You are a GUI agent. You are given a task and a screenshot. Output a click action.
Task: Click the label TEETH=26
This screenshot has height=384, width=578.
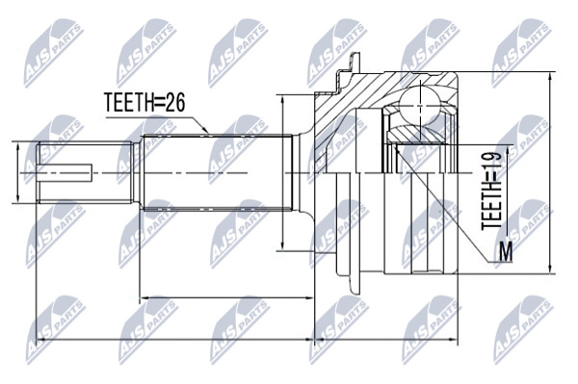point(144,102)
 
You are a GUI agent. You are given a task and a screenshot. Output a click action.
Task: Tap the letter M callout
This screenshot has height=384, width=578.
point(506,252)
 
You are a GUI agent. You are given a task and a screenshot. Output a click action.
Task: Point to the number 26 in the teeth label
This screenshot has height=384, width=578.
point(174,102)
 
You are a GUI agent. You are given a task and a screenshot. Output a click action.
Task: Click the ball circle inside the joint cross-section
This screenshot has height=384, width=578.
point(420,105)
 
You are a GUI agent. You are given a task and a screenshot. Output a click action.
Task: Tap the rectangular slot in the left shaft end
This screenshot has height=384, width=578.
point(66,172)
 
